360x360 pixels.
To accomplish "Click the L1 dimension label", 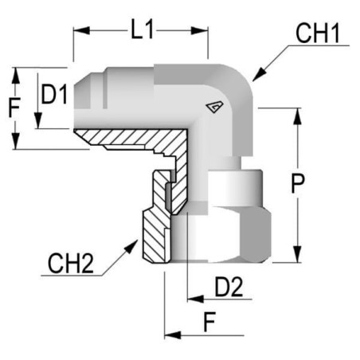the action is click(x=143, y=29).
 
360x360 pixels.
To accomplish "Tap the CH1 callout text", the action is click(x=318, y=33).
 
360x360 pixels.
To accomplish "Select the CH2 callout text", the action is click(x=71, y=264).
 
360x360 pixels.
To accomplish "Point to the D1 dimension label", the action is click(x=54, y=94).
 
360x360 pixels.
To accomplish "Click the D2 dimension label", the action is click(x=229, y=287).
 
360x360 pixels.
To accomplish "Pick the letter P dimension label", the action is click(x=298, y=183).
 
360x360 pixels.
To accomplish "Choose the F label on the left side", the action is click(x=14, y=108).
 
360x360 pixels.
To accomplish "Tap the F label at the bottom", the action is click(x=209, y=322).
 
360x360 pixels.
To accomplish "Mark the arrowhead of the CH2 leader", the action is click(x=131, y=246).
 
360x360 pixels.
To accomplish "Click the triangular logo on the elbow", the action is click(x=214, y=107).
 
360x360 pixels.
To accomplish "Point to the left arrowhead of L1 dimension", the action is click(x=81, y=30).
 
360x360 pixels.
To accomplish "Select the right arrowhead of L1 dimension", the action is click(x=199, y=30).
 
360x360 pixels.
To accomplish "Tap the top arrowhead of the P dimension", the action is click(x=298, y=116).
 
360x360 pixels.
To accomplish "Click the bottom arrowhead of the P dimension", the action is click(x=298, y=254).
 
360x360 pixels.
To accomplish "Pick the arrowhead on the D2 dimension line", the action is click(x=195, y=299).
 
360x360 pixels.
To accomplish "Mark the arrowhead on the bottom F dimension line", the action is click(x=173, y=335).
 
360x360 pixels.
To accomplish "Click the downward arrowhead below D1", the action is click(x=38, y=120).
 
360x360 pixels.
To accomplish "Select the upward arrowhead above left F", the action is click(x=16, y=76).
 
